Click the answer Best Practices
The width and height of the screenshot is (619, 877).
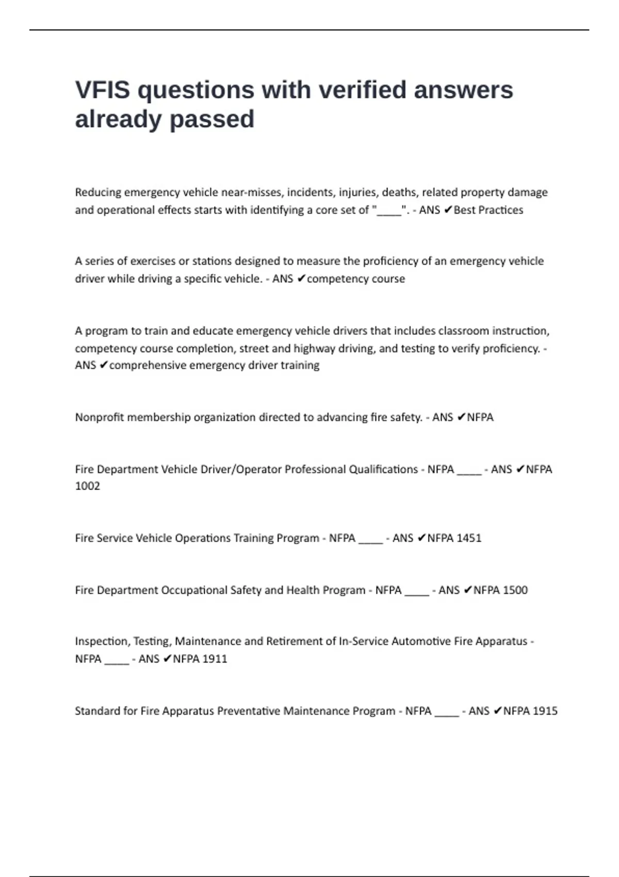coord(488,210)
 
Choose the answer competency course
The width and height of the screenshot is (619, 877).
coord(355,279)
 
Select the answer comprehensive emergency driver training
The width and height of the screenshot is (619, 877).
coord(214,365)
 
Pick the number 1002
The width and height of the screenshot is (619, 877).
coord(87,486)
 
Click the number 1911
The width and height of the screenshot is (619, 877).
coord(215,659)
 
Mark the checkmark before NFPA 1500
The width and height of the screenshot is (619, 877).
coord(467,590)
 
